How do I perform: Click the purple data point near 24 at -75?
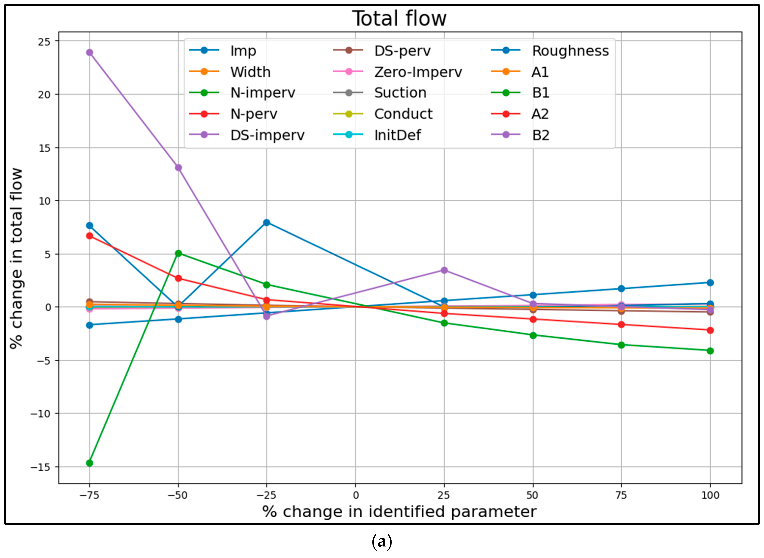(x=90, y=52)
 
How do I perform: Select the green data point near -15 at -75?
(x=90, y=463)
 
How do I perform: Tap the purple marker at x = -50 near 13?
(x=179, y=168)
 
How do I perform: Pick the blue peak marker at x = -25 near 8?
(x=267, y=223)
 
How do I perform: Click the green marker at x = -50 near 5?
(x=179, y=253)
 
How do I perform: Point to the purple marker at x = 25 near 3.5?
(x=444, y=270)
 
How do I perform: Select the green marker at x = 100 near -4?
(x=710, y=351)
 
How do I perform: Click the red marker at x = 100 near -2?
(x=710, y=330)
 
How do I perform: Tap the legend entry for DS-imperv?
(x=267, y=135)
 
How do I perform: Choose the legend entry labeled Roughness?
(x=570, y=51)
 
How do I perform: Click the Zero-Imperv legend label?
(x=418, y=72)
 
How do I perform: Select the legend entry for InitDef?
(x=397, y=135)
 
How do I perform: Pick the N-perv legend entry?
(x=254, y=114)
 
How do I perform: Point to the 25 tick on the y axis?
(x=44, y=41)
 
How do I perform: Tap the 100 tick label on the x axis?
(x=710, y=495)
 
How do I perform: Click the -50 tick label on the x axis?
(x=178, y=495)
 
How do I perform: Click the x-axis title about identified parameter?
(x=399, y=512)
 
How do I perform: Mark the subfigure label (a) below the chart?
(x=382, y=542)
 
